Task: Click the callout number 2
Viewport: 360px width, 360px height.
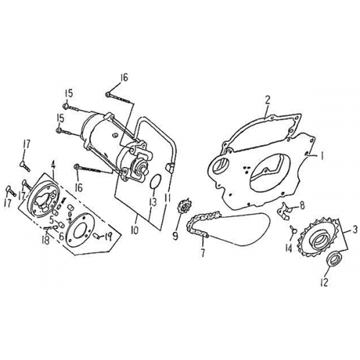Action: [267, 100]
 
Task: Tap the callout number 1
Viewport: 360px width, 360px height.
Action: [322, 156]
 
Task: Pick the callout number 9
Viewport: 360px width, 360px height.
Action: [175, 236]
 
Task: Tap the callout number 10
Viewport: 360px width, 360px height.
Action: [135, 230]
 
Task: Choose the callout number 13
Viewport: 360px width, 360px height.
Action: [153, 202]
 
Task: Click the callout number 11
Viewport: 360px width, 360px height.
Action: [168, 198]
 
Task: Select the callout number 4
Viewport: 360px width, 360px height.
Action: [53, 166]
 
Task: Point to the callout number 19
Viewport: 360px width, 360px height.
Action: [108, 238]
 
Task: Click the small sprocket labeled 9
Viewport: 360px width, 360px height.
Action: [184, 207]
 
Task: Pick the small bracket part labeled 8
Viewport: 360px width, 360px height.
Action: [284, 210]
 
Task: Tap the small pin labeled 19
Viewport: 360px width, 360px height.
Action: [96, 235]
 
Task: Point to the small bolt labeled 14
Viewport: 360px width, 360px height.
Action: [293, 229]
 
